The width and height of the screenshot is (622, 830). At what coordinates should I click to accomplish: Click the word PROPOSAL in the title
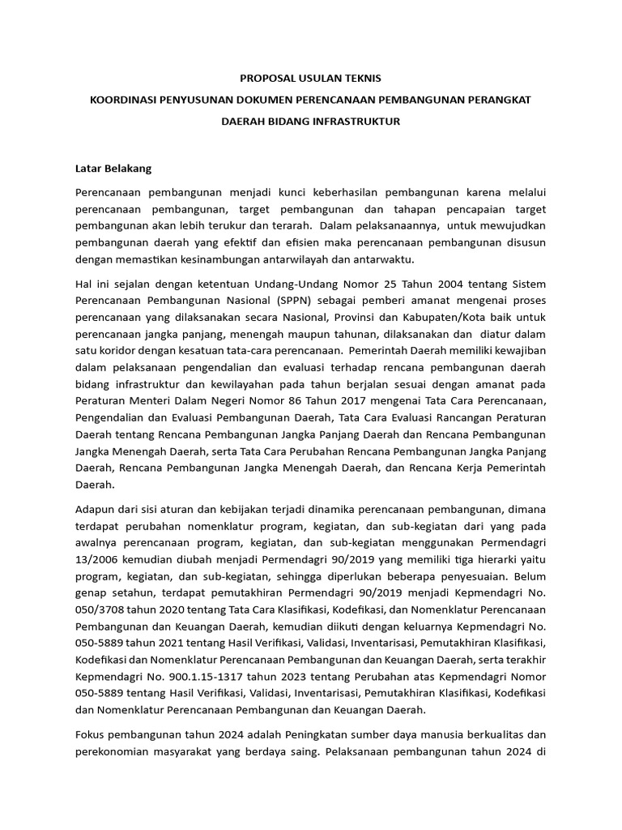pos(266,79)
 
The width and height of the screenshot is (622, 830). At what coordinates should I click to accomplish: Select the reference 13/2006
pos(97,560)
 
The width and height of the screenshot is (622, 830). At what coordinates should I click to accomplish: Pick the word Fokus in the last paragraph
pos(90,734)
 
